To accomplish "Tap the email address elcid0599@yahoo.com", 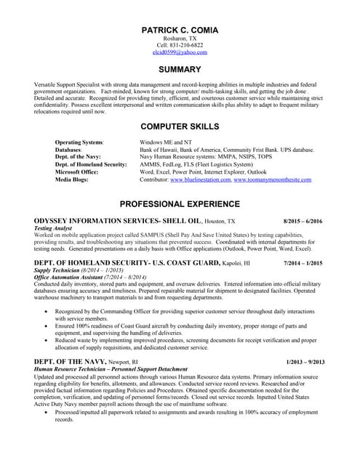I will [x=180, y=52].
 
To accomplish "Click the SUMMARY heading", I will [x=180, y=70].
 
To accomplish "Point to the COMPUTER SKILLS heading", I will [x=180, y=126].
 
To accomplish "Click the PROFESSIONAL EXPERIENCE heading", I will [x=180, y=204].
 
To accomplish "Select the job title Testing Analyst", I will [x=54, y=227].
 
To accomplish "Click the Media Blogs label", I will [x=71, y=179].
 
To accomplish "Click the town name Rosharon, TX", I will [x=180, y=38].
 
